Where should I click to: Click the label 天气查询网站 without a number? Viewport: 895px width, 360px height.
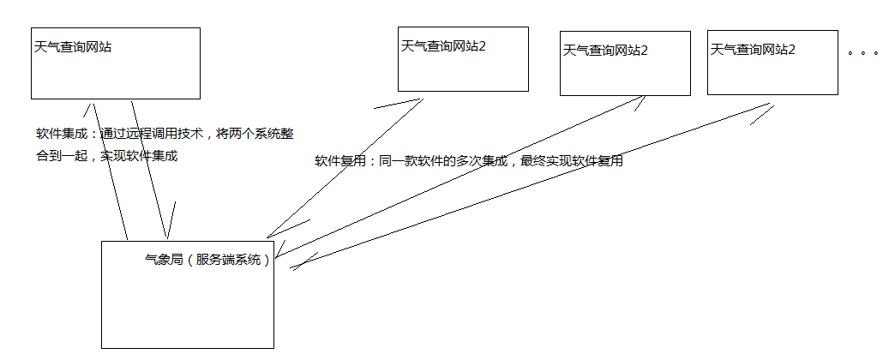(72, 48)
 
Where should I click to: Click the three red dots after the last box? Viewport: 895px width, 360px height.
(863, 53)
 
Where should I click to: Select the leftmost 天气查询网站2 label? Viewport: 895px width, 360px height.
(443, 45)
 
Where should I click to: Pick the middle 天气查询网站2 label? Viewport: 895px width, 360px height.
(605, 51)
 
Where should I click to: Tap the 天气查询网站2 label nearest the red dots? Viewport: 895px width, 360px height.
(753, 50)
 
